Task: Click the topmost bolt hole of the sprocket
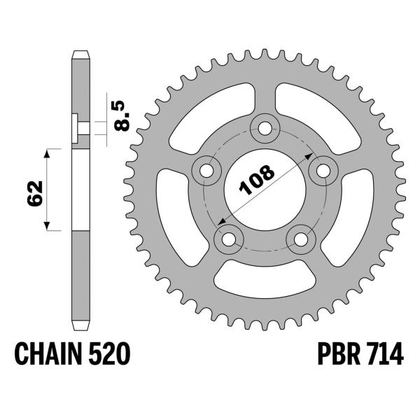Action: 265,128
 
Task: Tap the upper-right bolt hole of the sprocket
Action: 323,169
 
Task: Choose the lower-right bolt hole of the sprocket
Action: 301,239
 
